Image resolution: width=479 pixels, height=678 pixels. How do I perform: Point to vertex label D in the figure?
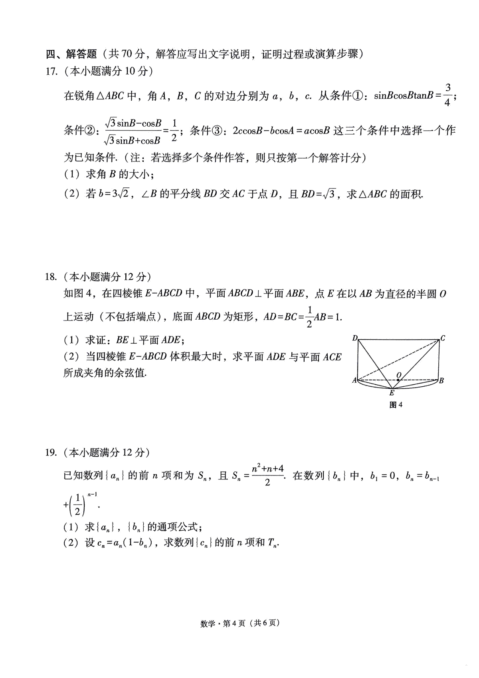coord(355,338)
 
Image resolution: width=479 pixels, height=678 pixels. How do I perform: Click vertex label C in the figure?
coord(443,338)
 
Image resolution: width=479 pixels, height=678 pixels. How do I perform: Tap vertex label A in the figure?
coord(354,381)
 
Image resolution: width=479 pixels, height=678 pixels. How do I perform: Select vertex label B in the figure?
coord(441,381)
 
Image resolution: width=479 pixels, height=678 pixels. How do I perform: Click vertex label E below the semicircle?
coord(392,393)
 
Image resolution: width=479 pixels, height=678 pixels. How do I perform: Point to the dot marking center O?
coord(398,380)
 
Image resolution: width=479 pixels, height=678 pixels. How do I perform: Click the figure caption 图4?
coord(396,405)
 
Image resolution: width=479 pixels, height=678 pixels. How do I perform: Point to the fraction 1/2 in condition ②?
coord(174,130)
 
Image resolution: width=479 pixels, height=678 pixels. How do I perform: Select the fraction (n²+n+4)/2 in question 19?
coord(267,475)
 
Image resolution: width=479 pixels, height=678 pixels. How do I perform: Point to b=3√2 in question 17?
coord(117,195)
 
